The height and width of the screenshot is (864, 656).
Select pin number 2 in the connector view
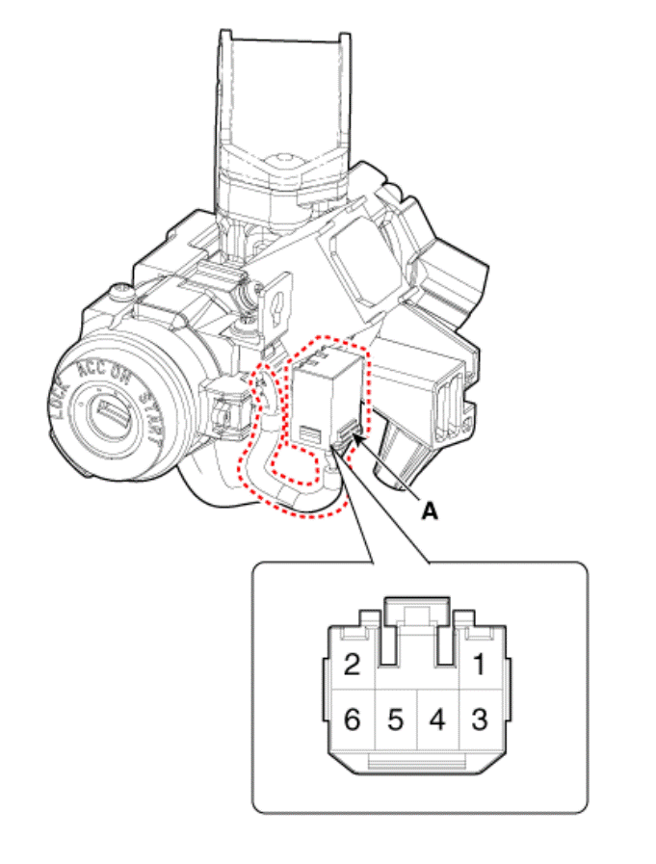[352, 664]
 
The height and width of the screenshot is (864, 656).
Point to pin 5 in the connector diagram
[395, 720]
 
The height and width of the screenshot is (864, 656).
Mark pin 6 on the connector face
[352, 720]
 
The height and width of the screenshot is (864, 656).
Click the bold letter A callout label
[430, 512]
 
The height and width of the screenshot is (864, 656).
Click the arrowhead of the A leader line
[358, 437]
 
